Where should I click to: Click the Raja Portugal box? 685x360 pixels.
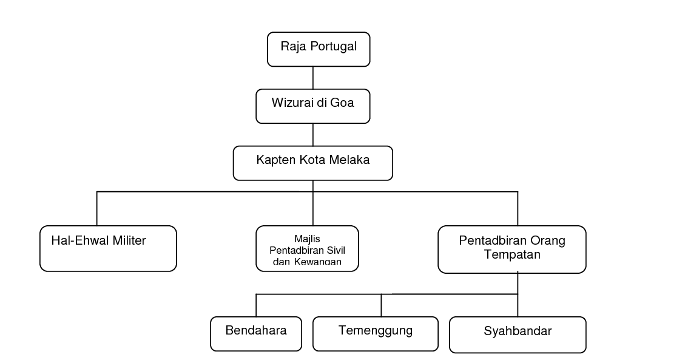pyautogui.click(x=319, y=49)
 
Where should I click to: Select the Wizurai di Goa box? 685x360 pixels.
pyautogui.click(x=313, y=106)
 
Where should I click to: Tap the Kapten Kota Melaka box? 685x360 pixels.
pyautogui.click(x=313, y=163)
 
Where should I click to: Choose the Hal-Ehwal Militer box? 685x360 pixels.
pyautogui.click(x=108, y=248)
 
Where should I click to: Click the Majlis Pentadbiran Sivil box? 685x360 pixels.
pyautogui.click(x=307, y=248)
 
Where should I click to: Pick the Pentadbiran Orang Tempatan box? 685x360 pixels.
pyautogui.click(x=512, y=250)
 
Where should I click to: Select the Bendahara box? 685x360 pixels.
pyautogui.click(x=256, y=334)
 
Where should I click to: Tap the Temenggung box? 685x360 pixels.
pyautogui.click(x=376, y=334)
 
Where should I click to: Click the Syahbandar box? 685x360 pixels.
pyautogui.click(x=518, y=335)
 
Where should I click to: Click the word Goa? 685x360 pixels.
pyautogui.click(x=342, y=103)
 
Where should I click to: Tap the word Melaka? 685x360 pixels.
pyautogui.click(x=349, y=160)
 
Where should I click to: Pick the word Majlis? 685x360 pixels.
pyautogui.click(x=307, y=239)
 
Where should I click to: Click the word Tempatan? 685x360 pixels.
pyautogui.click(x=512, y=255)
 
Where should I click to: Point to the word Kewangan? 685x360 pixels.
pyautogui.click(x=317, y=261)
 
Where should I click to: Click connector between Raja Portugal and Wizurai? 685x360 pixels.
pyautogui.click(x=313, y=78)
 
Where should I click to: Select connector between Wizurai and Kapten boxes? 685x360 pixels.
pyautogui.click(x=313, y=135)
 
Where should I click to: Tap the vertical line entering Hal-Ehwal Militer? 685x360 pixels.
pyautogui.click(x=96, y=208)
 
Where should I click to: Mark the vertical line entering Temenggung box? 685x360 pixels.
pyautogui.click(x=381, y=305)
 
